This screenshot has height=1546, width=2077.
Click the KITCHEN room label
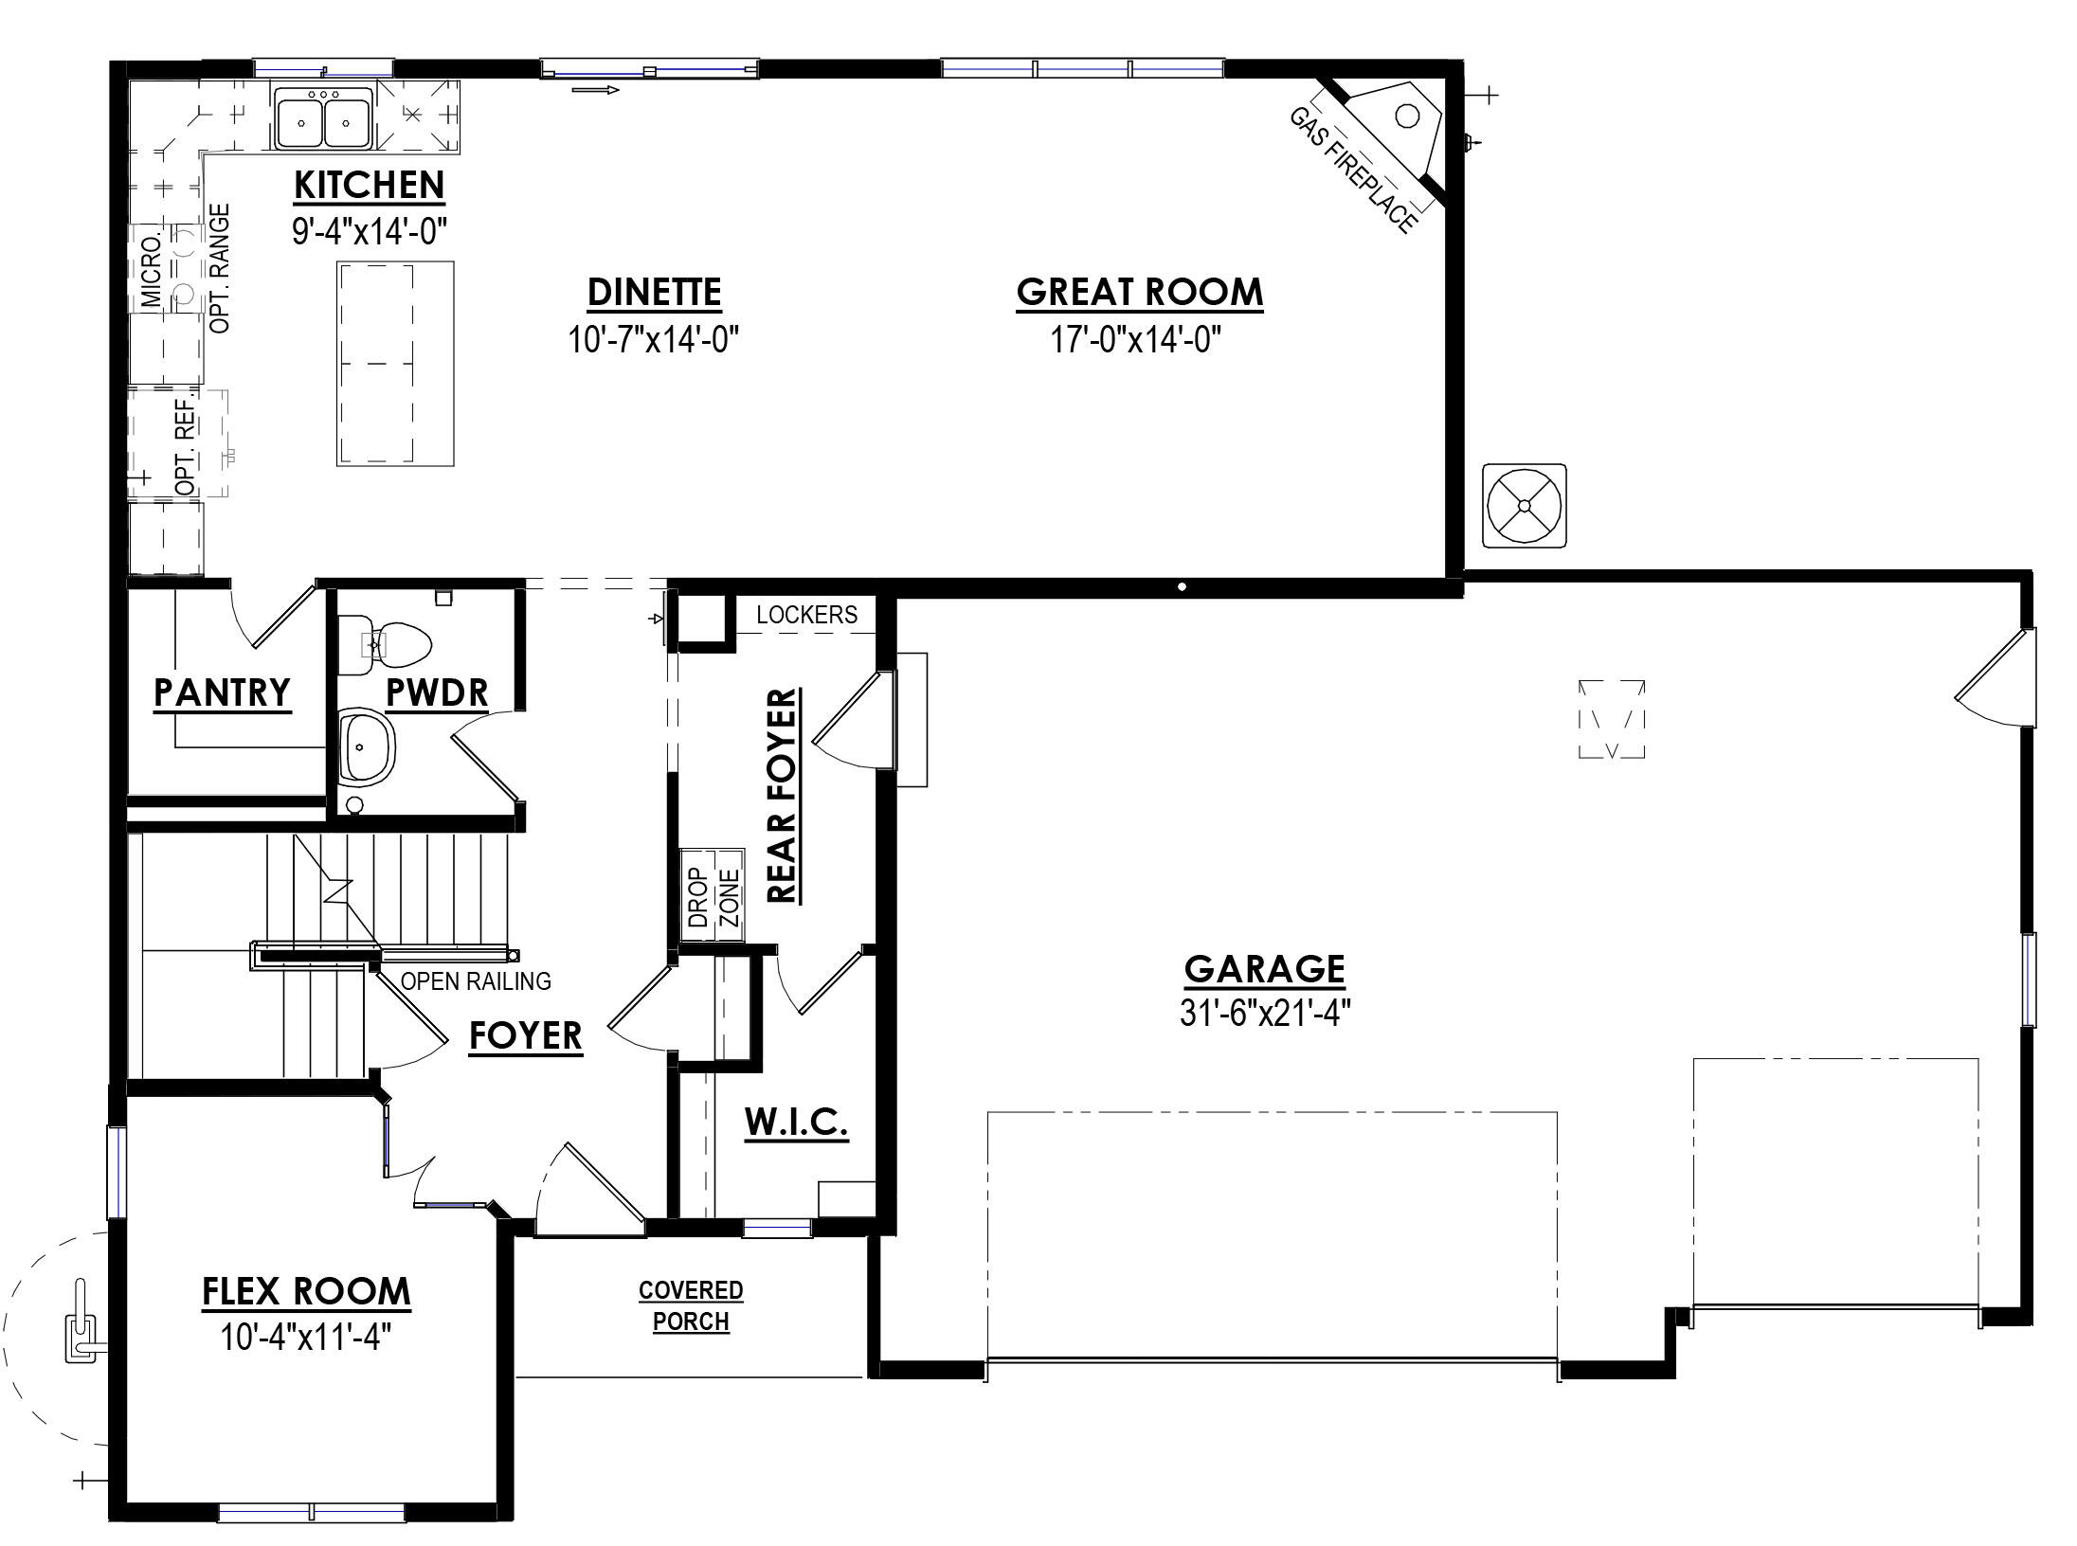point(369,186)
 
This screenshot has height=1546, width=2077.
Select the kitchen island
point(395,364)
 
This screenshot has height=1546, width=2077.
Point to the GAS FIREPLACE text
point(1354,171)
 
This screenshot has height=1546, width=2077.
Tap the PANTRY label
point(223,693)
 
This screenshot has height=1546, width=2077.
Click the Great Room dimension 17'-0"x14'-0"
point(1136,339)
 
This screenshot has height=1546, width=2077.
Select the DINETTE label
point(655,293)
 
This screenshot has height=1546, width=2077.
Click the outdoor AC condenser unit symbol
point(1524,506)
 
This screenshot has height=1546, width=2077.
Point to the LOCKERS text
point(806,616)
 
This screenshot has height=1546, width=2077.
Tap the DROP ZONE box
point(713,894)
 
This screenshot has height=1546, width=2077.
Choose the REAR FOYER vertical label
point(783,796)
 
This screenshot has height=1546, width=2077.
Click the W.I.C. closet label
point(796,1124)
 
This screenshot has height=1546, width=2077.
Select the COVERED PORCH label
point(691,1305)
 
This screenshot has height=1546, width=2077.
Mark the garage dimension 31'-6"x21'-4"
point(1264,1014)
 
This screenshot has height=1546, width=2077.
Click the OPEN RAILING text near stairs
point(476,981)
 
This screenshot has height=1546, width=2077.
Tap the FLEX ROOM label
point(306,1292)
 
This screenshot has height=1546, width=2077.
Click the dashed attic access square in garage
point(1612,719)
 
